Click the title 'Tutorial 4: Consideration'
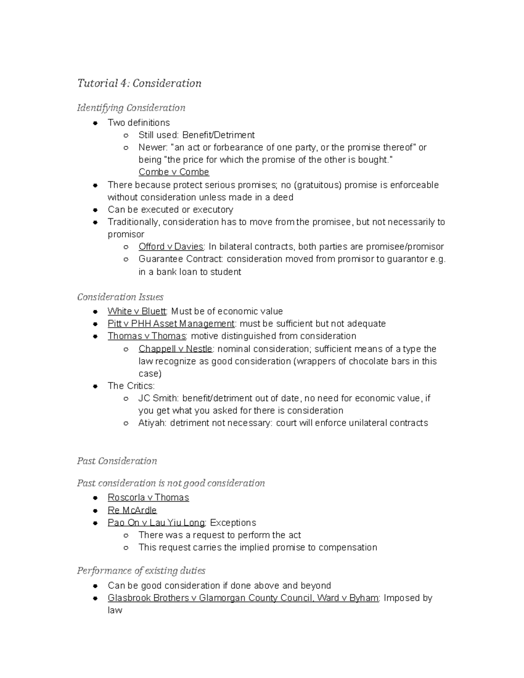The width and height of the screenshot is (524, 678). (x=139, y=83)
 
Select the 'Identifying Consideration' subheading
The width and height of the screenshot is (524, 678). (x=131, y=108)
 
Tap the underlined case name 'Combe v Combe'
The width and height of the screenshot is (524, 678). (x=174, y=172)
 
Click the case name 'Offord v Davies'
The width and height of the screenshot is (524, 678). (x=171, y=247)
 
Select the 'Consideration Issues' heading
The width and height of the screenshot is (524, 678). (x=120, y=297)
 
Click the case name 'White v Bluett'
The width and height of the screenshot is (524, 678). (x=137, y=311)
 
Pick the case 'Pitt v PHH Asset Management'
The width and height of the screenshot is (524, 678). (x=171, y=324)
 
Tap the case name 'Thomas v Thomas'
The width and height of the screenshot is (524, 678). (x=147, y=336)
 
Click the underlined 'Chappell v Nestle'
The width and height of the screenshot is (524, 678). (x=175, y=349)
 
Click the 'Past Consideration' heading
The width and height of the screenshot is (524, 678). (x=117, y=461)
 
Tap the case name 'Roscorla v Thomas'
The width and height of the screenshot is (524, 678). (x=148, y=498)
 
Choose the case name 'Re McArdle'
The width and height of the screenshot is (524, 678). (x=132, y=510)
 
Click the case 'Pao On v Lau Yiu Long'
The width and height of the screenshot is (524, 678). (x=156, y=523)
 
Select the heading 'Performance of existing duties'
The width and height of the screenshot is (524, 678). (x=141, y=571)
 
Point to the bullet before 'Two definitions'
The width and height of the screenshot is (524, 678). (x=95, y=123)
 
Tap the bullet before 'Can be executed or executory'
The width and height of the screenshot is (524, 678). (x=95, y=210)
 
